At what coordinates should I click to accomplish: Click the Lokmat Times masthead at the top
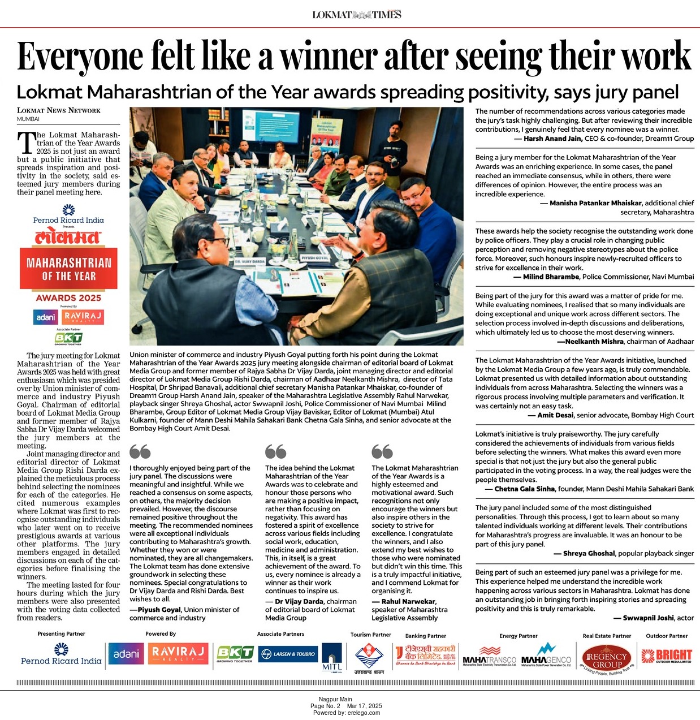click(x=357, y=15)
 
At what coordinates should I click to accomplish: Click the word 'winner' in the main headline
click(x=330, y=57)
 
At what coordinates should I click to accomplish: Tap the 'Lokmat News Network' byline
click(x=58, y=110)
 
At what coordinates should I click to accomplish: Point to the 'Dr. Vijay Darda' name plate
click(x=250, y=262)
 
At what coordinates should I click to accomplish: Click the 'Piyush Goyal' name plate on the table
click(x=315, y=257)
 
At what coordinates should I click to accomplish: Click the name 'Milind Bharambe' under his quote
click(x=551, y=277)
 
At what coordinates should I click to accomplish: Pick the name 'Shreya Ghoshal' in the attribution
click(x=589, y=554)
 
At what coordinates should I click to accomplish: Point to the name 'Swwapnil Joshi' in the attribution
click(x=648, y=618)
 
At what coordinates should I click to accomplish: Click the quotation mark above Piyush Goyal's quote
click(x=140, y=451)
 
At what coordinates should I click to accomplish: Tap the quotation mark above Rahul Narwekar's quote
click(x=382, y=451)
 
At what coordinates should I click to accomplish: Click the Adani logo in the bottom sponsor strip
click(x=126, y=654)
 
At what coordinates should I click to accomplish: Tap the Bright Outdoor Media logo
click(x=667, y=656)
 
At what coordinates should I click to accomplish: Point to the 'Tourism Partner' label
click(x=370, y=635)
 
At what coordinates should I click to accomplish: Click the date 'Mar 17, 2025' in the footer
click(x=364, y=706)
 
